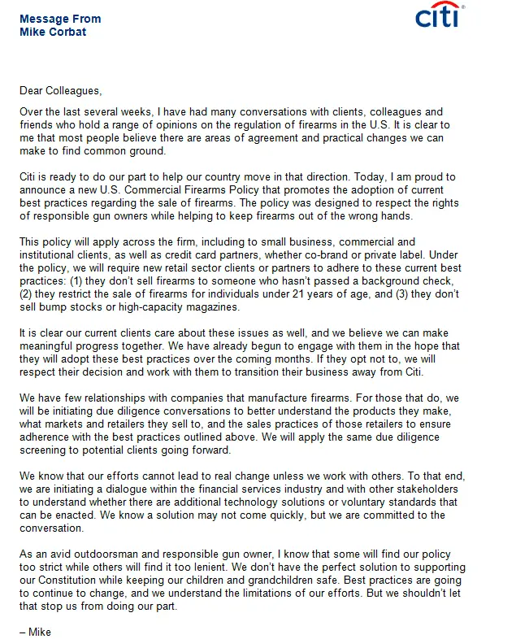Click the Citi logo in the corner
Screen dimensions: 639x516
pos(439,15)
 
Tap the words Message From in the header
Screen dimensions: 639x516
pos(60,19)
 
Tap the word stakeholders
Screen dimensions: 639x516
pos(447,489)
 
